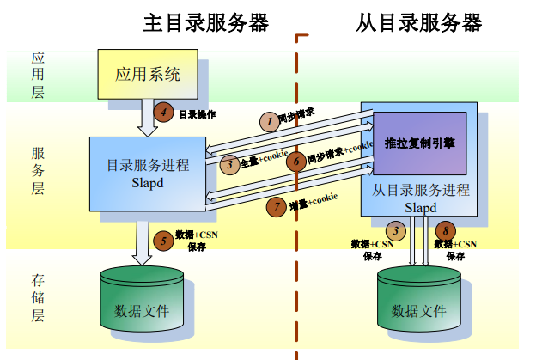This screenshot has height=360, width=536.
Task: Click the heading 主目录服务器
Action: point(205,22)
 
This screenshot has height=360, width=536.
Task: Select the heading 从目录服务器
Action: point(418,22)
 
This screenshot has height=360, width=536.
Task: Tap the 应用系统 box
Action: point(148,74)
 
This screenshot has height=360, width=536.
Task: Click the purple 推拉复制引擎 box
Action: point(419,143)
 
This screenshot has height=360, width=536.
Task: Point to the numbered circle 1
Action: point(269,121)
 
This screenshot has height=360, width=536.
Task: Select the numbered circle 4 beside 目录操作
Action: point(163,111)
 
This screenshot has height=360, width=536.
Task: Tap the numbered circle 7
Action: point(276,206)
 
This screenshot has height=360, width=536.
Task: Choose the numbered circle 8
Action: point(444,230)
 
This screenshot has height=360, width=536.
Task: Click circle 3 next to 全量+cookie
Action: point(229,164)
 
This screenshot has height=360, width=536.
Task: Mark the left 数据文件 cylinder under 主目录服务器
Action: point(142,301)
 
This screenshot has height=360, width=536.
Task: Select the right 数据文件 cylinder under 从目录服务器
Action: point(420,301)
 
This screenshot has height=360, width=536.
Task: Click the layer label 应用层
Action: point(39,75)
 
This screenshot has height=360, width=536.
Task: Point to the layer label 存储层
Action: point(39,297)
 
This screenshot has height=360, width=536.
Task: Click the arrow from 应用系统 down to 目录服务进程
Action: point(148,116)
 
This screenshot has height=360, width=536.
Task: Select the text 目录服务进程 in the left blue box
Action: point(148,165)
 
